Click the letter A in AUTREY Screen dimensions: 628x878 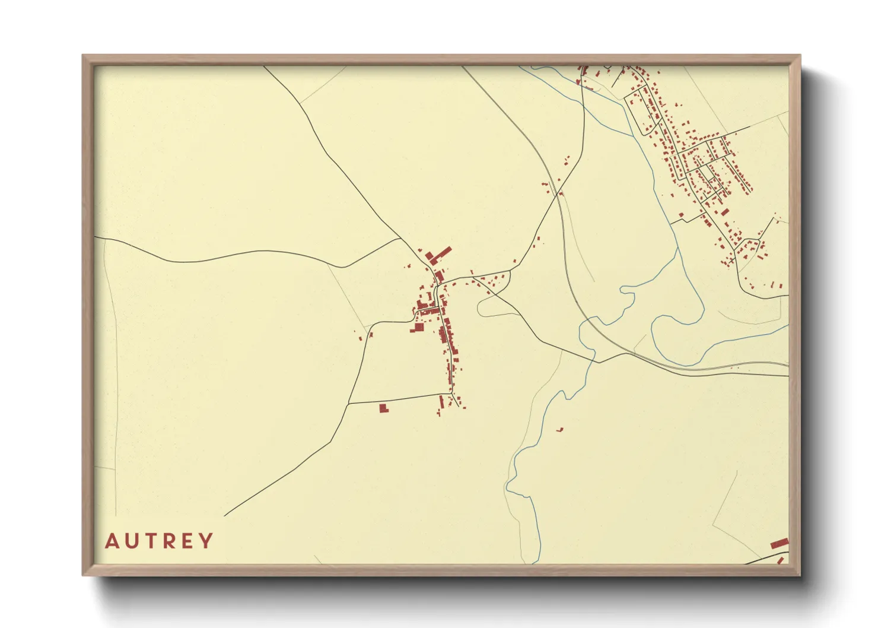pos(111,541)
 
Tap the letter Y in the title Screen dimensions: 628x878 pos(206,541)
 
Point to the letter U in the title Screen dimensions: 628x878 pos(131,541)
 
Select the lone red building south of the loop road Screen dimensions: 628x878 pos(383,408)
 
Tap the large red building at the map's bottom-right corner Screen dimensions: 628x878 pos(780,543)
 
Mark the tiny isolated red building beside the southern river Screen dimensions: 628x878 pos(559,429)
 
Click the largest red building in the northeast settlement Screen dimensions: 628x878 pos(724,212)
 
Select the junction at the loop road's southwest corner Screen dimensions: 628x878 pos(348,404)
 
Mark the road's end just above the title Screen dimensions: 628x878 pos(224,515)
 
